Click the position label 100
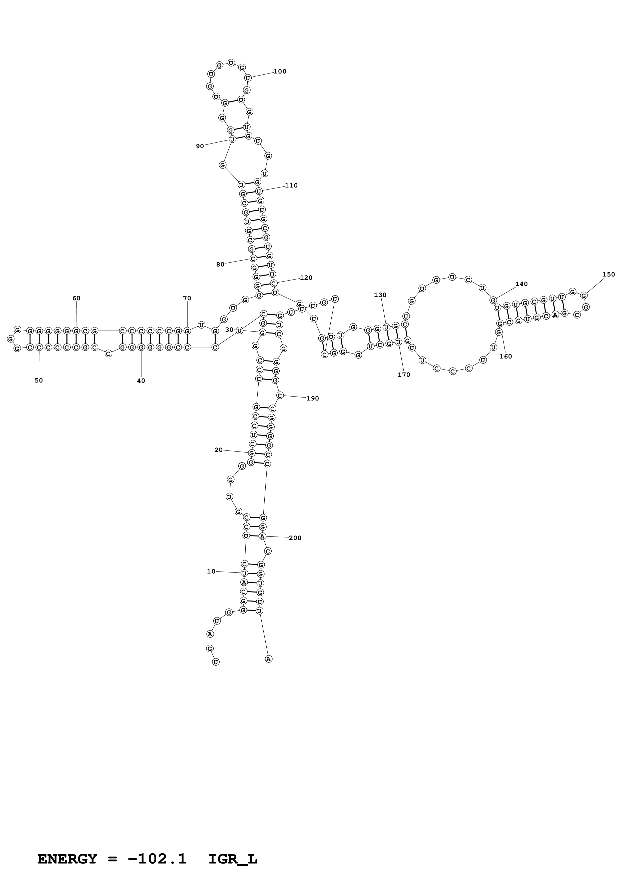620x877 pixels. click(280, 71)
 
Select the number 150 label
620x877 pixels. click(608, 274)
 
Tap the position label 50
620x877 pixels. click(39, 380)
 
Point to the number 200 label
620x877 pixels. click(295, 538)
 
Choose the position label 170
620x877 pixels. click(404, 375)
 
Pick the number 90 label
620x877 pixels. click(200, 146)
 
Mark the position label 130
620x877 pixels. click(380, 295)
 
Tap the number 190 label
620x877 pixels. click(312, 398)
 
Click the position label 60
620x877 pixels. click(76, 298)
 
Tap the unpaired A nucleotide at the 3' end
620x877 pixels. click(269, 659)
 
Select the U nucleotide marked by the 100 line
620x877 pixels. click(248, 78)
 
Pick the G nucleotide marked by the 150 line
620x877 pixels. click(584, 295)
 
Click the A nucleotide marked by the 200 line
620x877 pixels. click(262, 536)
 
